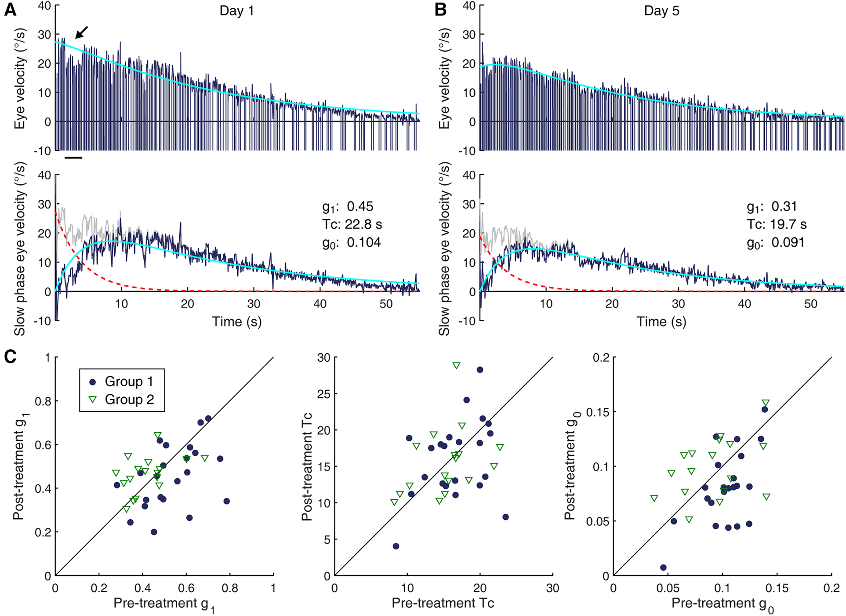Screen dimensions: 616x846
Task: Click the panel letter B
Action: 440,10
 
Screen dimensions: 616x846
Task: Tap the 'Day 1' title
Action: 236,11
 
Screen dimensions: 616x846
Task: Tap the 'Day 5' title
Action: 661,11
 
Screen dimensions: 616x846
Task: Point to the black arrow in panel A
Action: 81,32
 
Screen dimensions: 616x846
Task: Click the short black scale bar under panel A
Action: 73,157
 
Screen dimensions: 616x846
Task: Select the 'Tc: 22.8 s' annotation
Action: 352,224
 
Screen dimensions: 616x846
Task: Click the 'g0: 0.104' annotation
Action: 351,242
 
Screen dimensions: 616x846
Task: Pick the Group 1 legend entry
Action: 122,381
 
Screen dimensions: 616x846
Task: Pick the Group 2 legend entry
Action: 122,400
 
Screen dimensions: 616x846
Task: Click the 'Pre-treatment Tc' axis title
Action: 443,603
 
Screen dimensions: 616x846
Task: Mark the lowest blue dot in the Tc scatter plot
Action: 396,546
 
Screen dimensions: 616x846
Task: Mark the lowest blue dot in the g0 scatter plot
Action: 663,568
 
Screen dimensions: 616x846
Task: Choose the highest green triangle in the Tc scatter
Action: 456,366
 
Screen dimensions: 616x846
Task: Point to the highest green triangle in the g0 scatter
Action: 766,403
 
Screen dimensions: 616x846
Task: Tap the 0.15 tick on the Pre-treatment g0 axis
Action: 777,588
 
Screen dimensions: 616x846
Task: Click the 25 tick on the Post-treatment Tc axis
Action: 324,394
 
